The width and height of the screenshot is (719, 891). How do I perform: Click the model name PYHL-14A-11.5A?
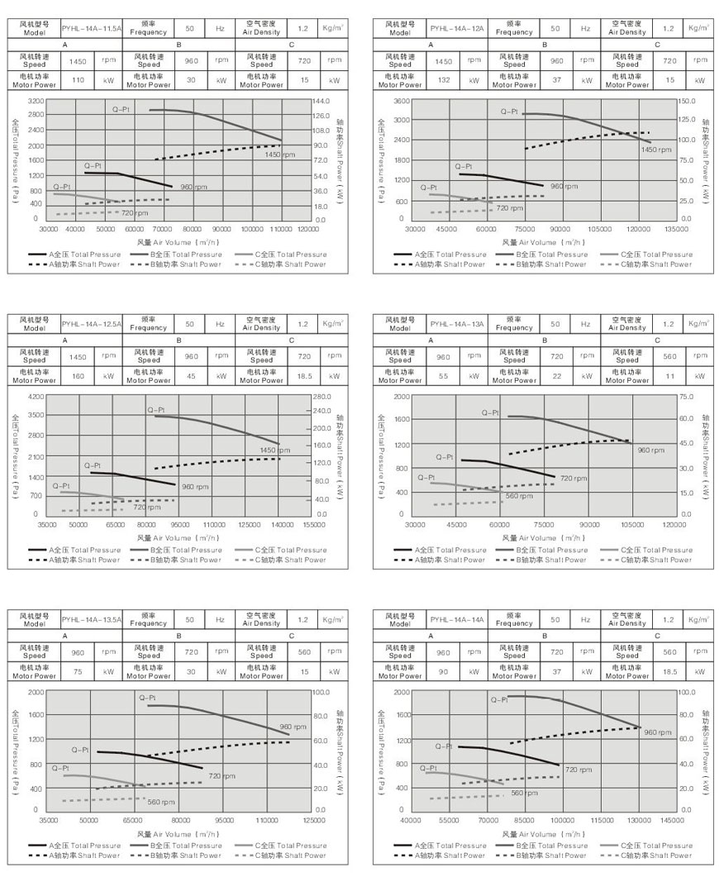click(92, 27)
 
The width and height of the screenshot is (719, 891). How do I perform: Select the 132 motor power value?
click(443, 80)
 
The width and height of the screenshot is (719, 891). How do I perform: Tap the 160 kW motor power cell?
click(78, 376)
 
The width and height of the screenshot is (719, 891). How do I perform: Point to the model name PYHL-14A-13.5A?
click(92, 619)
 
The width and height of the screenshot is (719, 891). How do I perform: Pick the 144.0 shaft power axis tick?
click(321, 100)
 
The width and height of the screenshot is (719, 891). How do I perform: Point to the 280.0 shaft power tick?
click(321, 397)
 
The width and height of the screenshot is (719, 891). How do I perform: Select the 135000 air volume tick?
click(676, 228)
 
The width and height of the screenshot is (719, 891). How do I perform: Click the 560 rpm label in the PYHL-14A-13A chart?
click(518, 496)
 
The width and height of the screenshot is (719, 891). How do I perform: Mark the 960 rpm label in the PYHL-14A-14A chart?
click(657, 732)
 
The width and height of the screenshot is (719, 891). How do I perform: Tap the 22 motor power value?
click(557, 376)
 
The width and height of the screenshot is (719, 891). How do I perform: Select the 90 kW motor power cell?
click(443, 672)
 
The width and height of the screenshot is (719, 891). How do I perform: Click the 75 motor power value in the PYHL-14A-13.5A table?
click(78, 672)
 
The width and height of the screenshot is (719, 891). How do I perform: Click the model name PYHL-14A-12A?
click(457, 27)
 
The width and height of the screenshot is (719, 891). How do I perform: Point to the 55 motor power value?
click(443, 376)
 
